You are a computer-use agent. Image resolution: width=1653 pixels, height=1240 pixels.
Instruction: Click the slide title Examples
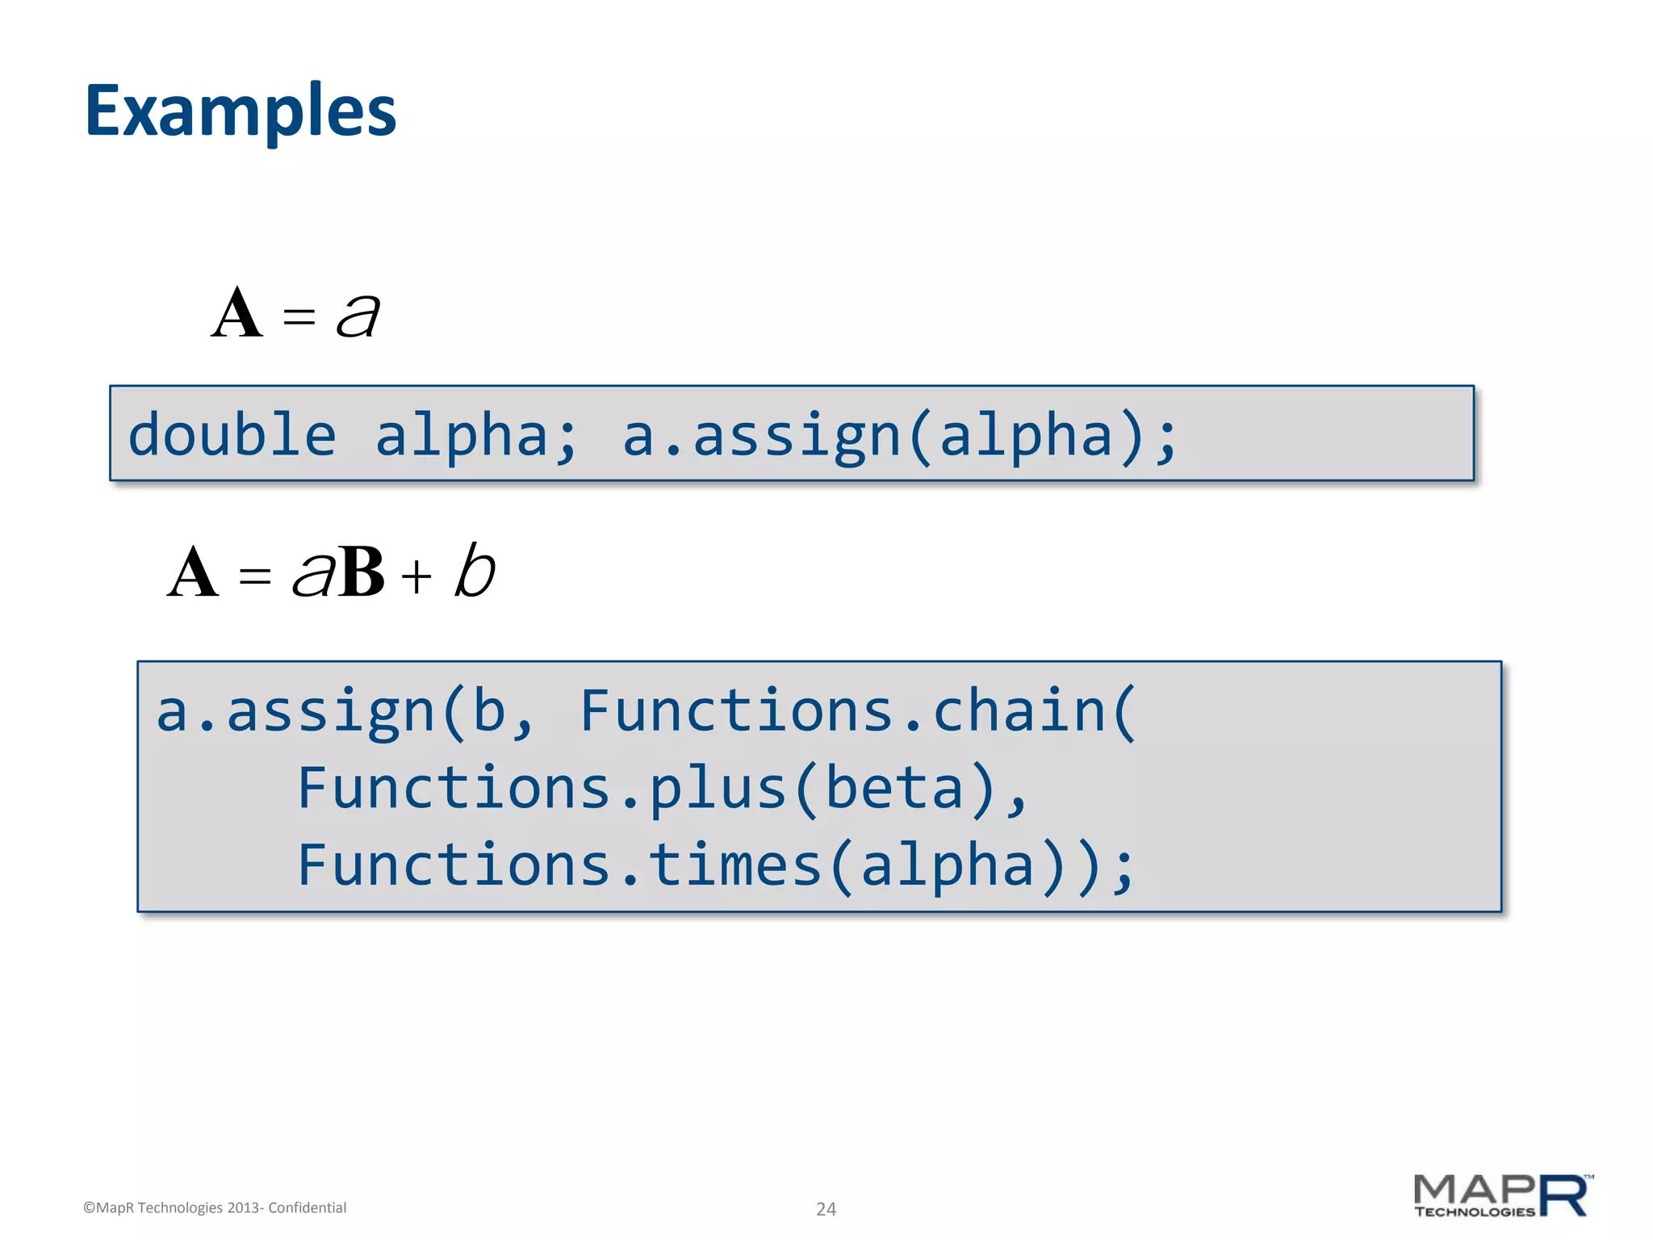(241, 111)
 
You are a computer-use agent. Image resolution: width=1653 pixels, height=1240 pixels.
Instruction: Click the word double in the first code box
(232, 436)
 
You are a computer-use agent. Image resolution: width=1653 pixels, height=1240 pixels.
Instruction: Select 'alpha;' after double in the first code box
(476, 436)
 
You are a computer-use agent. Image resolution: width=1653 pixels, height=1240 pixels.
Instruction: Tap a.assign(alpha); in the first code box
(900, 436)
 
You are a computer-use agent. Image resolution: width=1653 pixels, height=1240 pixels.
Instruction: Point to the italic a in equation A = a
(358, 315)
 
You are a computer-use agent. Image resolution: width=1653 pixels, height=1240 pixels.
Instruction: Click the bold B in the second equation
(361, 573)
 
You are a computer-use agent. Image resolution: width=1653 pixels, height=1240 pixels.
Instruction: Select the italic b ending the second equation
(474, 571)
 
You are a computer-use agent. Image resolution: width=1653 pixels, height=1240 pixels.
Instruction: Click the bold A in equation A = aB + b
(193, 573)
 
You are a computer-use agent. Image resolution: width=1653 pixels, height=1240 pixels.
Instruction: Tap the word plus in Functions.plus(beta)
(718, 789)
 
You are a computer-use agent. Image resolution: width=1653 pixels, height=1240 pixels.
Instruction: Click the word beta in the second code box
(894, 789)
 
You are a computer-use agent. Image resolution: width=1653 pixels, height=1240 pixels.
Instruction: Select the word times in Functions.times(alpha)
(734, 865)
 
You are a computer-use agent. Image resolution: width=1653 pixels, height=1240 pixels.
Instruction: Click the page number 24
(826, 1209)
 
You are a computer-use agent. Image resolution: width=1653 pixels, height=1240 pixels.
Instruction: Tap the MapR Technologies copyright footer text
(215, 1208)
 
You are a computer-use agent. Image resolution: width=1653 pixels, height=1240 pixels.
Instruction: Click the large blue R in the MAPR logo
(1563, 1196)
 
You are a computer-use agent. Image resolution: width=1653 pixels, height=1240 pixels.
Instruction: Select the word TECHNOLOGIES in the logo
(1474, 1212)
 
